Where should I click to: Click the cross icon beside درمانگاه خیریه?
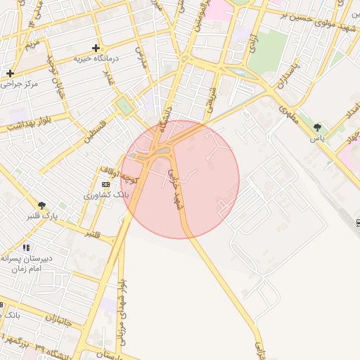pos(96,48)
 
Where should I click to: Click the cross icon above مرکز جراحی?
pos(10,72)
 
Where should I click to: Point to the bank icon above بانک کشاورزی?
pos(105,184)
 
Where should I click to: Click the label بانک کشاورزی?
pos(103,195)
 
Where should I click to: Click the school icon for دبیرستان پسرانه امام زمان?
pos(27,247)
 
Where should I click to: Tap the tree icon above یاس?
pos(318,127)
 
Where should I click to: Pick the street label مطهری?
pos(288,115)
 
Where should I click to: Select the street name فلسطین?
pos(98,131)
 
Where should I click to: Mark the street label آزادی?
pos(252,44)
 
